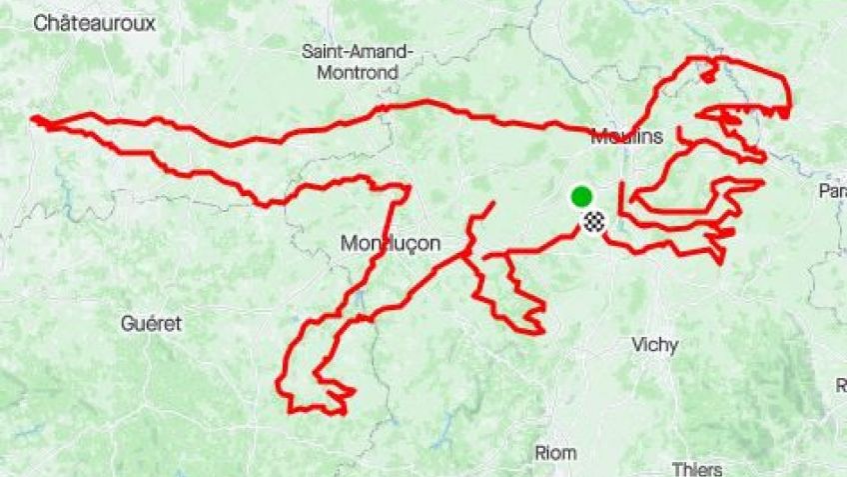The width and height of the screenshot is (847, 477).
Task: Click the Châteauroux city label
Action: (x=95, y=24)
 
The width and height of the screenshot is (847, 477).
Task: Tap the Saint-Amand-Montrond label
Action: (x=357, y=62)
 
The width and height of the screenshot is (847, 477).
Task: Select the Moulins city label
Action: (x=626, y=137)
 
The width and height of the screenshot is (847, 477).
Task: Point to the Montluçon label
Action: (x=391, y=243)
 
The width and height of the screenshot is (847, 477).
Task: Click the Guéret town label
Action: (x=151, y=324)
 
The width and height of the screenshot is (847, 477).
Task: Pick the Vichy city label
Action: (x=655, y=345)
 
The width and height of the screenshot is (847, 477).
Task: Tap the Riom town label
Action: (x=556, y=452)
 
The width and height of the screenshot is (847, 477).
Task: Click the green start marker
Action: (x=581, y=195)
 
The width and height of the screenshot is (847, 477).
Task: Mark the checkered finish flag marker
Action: (x=595, y=223)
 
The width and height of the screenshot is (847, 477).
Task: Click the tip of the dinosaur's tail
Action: (x=35, y=120)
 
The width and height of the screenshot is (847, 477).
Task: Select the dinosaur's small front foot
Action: (x=534, y=326)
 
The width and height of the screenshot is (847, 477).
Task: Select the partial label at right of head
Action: (x=832, y=190)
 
